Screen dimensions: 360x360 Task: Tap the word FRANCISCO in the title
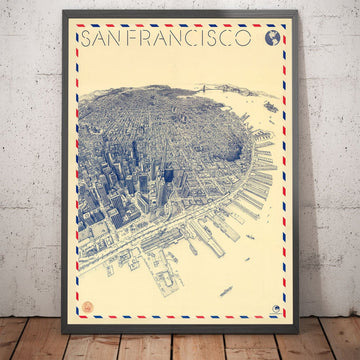194,38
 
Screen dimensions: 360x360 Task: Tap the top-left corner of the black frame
63,12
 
